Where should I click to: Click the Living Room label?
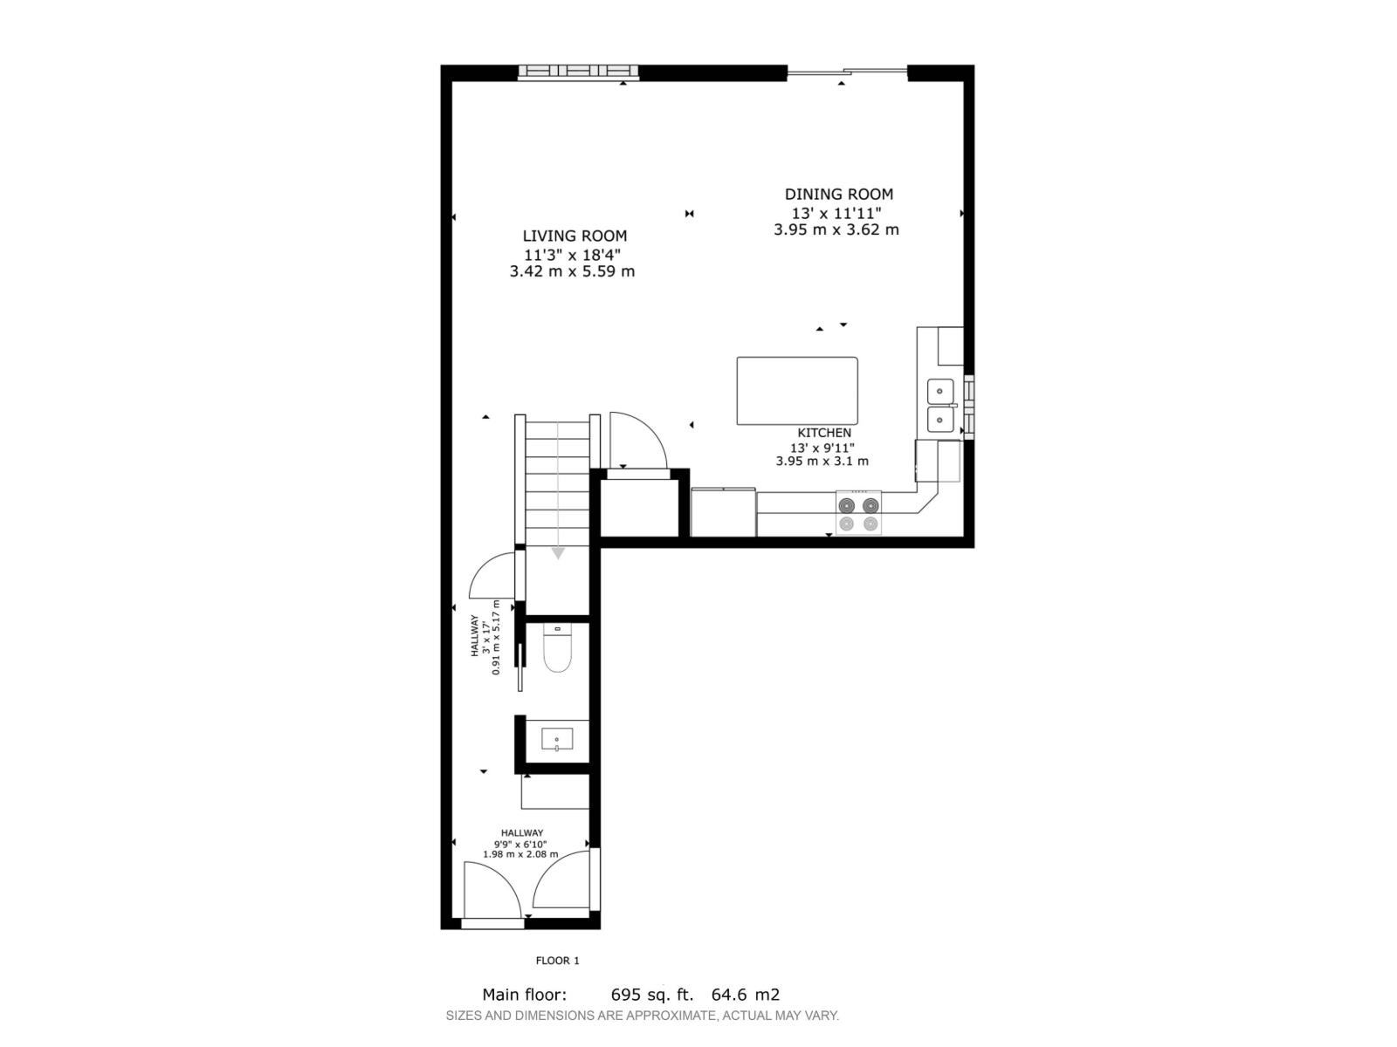click(575, 236)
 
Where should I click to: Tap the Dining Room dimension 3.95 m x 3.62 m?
click(836, 230)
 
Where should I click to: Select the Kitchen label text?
click(823, 433)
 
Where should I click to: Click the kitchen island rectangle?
click(796, 391)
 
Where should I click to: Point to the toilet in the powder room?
click(557, 650)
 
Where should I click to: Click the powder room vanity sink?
click(556, 740)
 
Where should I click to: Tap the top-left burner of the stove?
click(846, 505)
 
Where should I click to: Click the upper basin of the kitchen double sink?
click(939, 392)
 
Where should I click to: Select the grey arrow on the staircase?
click(558, 552)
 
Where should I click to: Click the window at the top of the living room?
click(578, 72)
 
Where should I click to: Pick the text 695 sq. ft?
click(651, 995)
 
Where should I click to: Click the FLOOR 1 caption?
click(557, 961)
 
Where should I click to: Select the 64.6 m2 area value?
click(745, 995)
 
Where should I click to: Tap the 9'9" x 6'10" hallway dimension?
click(521, 844)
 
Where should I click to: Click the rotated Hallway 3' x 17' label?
click(485, 637)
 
